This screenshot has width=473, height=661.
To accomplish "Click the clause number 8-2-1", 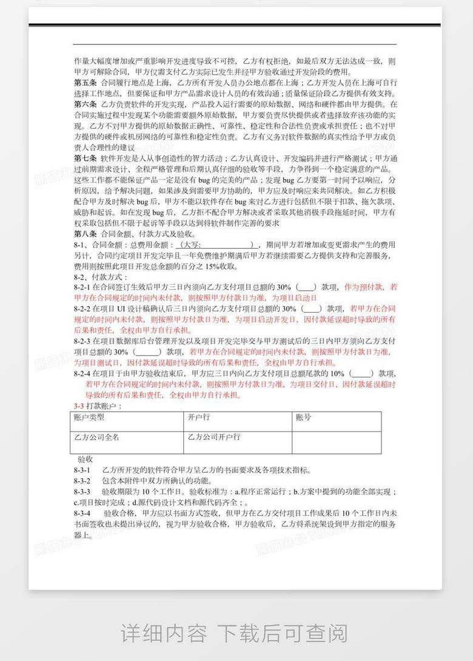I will pyautogui.click(x=82, y=287).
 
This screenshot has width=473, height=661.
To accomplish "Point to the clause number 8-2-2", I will pyautogui.click(x=82, y=309).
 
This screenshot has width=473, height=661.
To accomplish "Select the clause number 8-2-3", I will pyautogui.click(x=82, y=341).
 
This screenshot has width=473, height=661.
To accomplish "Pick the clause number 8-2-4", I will pyautogui.click(x=82, y=373).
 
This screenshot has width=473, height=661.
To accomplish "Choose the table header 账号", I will pyautogui.click(x=303, y=418).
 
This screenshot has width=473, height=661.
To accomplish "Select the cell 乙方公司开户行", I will pyautogui.click(x=214, y=437).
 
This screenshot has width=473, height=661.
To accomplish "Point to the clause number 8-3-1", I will pyautogui.click(x=82, y=470).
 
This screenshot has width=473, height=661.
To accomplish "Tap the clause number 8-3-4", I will pyautogui.click(x=82, y=513).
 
